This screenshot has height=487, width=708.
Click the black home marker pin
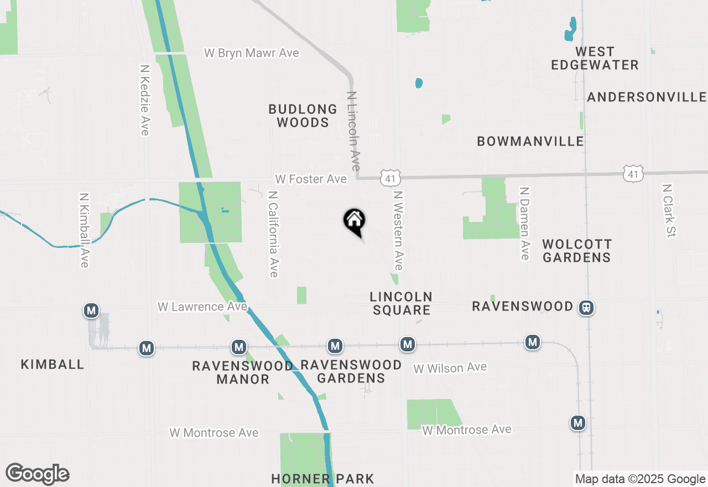click(x=355, y=221)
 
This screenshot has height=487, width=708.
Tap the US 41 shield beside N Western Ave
click(x=390, y=178)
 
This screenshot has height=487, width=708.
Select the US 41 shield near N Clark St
click(x=633, y=174)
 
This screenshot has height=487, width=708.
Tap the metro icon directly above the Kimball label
click(x=91, y=310)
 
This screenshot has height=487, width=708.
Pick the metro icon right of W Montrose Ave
click(x=578, y=423)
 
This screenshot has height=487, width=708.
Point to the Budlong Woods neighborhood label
click(x=303, y=116)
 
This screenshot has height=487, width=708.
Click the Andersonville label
click(x=647, y=97)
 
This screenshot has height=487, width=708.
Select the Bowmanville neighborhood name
click(x=530, y=141)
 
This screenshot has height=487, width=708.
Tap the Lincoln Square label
click(x=401, y=303)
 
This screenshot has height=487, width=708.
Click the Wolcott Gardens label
click(x=577, y=251)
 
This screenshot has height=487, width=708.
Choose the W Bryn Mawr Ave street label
click(x=252, y=53)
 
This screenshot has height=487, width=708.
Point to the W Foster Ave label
click(x=311, y=179)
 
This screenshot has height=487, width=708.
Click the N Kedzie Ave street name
click(x=145, y=100)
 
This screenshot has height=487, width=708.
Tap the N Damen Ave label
click(x=524, y=223)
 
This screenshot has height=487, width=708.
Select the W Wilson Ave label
click(x=450, y=367)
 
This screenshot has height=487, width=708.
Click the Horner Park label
click(x=323, y=479)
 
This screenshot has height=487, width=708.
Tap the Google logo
click(x=37, y=474)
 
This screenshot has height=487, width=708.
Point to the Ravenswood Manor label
click(x=243, y=372)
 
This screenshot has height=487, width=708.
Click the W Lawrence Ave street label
click(x=202, y=307)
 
